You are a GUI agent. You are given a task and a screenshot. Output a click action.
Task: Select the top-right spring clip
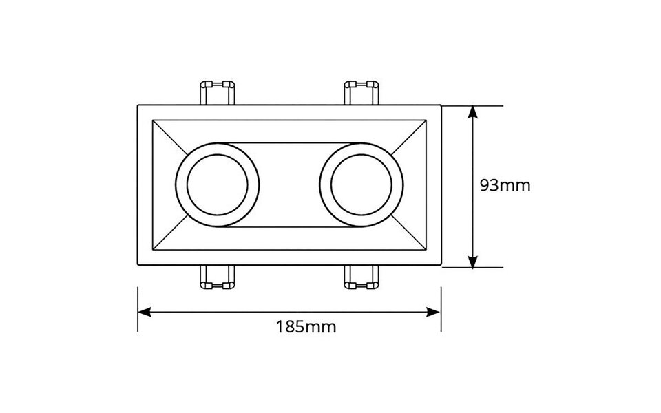361,92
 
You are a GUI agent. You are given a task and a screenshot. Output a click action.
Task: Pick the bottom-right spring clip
361,277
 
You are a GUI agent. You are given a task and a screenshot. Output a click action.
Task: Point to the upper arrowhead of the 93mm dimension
472,111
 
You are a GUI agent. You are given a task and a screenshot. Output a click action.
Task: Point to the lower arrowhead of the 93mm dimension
472,262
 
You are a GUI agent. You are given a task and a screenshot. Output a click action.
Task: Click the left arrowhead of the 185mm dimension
143,311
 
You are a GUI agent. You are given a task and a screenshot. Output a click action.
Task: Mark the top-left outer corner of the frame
138,105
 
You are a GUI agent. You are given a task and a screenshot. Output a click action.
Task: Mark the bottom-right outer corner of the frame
440,266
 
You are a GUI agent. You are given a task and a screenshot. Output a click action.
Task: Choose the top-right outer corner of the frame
440,105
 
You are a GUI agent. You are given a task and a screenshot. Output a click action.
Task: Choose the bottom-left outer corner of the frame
138,266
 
